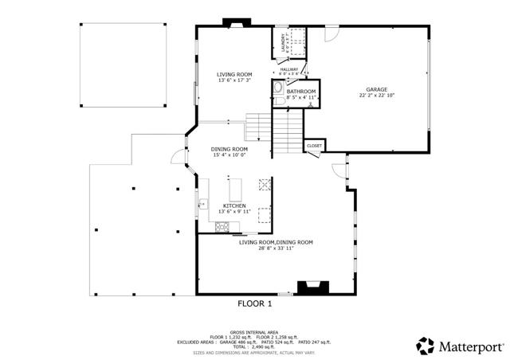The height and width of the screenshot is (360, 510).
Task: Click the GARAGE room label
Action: click(x=378, y=89)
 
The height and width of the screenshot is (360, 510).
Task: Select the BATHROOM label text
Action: click(x=301, y=92)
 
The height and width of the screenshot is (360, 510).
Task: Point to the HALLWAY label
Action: click(x=289, y=69)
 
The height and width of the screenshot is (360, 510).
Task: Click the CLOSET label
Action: click(x=314, y=147)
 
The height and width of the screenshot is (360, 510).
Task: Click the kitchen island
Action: click(x=235, y=190)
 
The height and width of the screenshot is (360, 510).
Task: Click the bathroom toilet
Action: click(x=277, y=90)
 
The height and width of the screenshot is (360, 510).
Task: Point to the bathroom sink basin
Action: click(x=279, y=101)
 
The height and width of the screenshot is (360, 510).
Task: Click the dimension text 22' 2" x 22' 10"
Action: click(x=378, y=96)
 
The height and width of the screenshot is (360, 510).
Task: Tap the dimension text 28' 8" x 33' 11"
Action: click(x=276, y=248)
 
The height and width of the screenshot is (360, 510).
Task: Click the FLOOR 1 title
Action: click(x=255, y=303)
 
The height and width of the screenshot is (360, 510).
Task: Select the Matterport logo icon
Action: click(x=424, y=346)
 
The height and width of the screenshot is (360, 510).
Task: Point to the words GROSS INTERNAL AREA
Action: click(x=254, y=331)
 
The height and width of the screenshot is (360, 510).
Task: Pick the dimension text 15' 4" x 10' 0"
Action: click(x=229, y=155)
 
